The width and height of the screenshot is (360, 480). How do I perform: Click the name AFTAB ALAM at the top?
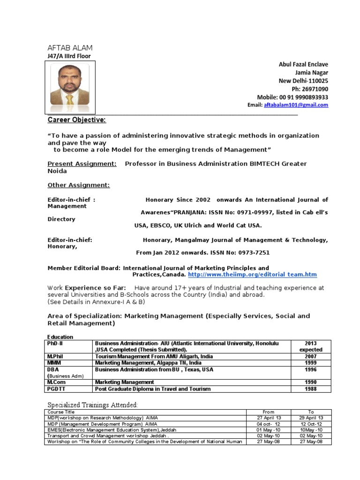(x=70, y=48)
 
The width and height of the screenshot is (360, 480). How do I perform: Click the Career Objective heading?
(x=77, y=120)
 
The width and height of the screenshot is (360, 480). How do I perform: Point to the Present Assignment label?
(x=82, y=164)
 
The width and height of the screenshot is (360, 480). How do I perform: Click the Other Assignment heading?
(x=79, y=185)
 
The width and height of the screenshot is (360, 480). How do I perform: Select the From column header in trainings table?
(x=269, y=412)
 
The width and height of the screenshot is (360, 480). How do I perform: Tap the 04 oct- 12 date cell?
(x=269, y=424)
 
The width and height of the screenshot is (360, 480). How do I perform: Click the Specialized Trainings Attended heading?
(x=92, y=405)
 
